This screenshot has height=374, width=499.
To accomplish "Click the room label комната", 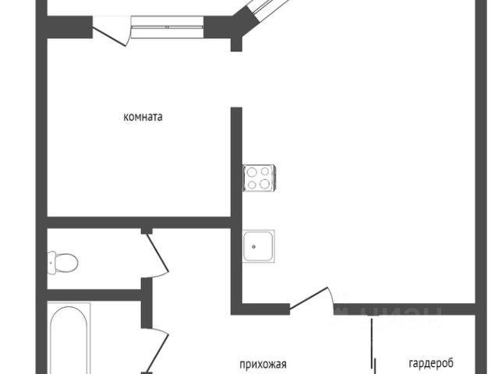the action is (143, 117).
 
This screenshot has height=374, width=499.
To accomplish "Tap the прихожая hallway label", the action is (263, 363).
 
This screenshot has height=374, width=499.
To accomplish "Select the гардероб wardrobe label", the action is (430, 363).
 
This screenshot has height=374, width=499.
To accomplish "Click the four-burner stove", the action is (258, 178).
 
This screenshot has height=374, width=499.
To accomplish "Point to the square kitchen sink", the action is (257, 245).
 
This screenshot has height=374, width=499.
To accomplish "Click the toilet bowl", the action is (62, 260).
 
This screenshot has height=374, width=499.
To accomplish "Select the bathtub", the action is (69, 340).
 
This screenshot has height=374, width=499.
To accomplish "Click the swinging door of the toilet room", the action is (157, 252).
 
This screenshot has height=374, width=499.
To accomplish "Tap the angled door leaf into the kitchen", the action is (310, 298).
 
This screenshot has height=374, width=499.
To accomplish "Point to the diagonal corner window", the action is (260, 12).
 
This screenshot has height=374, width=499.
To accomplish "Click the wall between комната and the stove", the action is (235, 164).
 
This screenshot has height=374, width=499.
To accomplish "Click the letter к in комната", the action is (126, 117).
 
